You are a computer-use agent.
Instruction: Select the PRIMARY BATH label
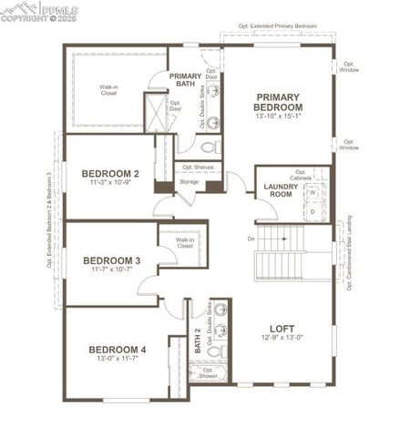[x=185, y=80]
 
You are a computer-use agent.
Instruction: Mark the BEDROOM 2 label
[x=110, y=173]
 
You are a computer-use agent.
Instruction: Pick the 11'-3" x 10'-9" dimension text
[x=110, y=184]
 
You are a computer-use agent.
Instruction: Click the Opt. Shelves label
[x=198, y=167]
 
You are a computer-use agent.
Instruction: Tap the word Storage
[x=189, y=182]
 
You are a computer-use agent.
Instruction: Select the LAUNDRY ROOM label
[x=281, y=189]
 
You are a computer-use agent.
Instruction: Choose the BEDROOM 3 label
[x=110, y=260]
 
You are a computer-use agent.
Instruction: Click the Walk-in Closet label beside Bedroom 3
[x=185, y=243]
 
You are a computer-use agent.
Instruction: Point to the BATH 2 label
[x=198, y=341]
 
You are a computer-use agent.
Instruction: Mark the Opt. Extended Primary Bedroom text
[x=271, y=27]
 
